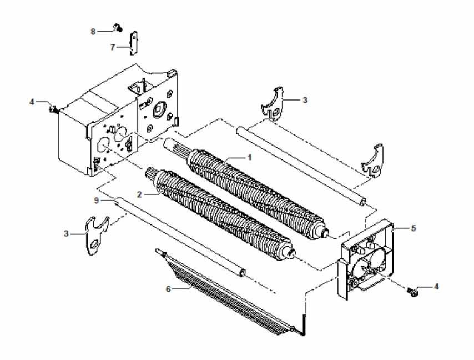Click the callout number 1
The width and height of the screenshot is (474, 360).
point(249,157)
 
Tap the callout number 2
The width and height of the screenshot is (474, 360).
point(139,194)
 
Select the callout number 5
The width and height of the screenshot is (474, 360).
point(414,228)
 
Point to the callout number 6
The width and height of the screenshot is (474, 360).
point(168,289)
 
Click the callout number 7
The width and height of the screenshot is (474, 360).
point(113,47)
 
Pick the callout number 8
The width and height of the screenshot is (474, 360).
point(93,32)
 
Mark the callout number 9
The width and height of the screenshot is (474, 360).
point(96,200)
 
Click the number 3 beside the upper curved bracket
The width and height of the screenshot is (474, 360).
point(305,99)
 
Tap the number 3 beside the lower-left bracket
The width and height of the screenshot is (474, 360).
point(66,233)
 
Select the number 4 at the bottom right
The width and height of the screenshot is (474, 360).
point(436,286)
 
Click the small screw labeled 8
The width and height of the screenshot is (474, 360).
point(118,28)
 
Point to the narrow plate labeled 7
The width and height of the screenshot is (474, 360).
point(134,43)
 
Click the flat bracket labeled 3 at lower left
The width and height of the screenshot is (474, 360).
point(96,236)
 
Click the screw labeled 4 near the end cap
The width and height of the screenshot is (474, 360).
point(411,292)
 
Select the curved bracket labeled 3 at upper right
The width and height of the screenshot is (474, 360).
point(274,104)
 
